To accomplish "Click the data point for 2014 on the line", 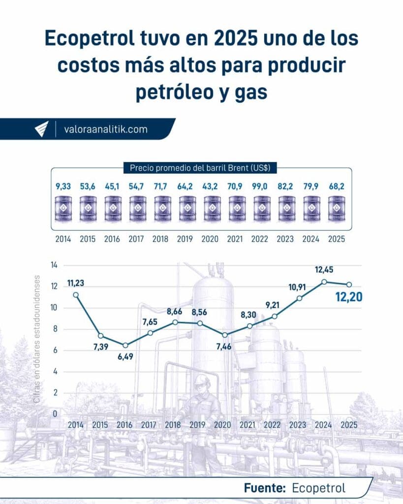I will pos(75,295).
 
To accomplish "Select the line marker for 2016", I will pos(125,345).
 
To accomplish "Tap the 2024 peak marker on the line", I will pos(324,282).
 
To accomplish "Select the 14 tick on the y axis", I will pos(54,265).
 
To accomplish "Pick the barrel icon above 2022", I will pos(262,208).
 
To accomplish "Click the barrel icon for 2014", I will pos(63,208).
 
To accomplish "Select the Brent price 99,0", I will pos(262,188).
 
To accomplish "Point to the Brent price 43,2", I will pos(212,188).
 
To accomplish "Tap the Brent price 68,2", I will pos(337,188).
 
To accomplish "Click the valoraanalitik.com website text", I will pos(106,129).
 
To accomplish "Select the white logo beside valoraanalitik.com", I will pos(41,129).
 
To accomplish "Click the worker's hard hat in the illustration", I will pos(201,380).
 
